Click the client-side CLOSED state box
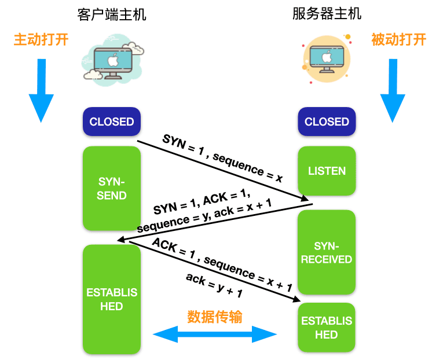pyautogui.click(x=112, y=122)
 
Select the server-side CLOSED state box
pyautogui.click(x=327, y=122)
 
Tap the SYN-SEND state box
pyautogui.click(x=112, y=188)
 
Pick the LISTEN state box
pyautogui.click(x=327, y=171)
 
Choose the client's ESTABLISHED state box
pyautogui.click(x=112, y=299)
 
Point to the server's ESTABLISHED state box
pyautogui.click(x=327, y=328)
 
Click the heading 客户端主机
pyautogui.click(x=112, y=14)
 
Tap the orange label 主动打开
pyautogui.click(x=41, y=40)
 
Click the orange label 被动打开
pyautogui.click(x=398, y=39)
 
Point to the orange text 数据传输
pyautogui.click(x=215, y=317)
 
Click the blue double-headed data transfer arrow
pyautogui.click(x=215, y=334)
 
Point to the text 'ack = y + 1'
pyautogui.click(x=214, y=285)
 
